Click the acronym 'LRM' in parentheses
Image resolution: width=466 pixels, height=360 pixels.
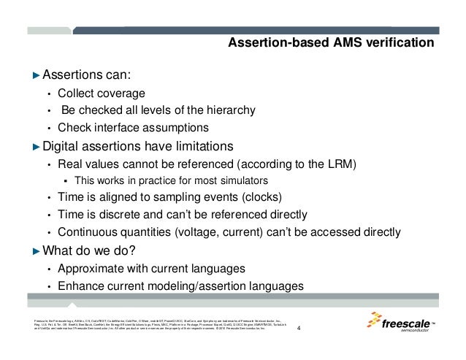(x=337, y=164)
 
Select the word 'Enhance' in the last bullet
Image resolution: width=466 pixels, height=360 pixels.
(x=81, y=286)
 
